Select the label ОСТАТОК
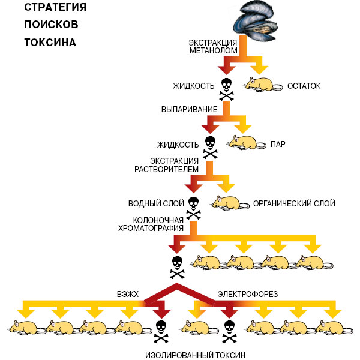(x=304, y=86)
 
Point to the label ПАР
(x=277, y=145)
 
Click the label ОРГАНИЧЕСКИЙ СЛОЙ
(x=294, y=203)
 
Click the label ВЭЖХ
(x=127, y=295)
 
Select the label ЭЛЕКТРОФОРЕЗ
(x=247, y=295)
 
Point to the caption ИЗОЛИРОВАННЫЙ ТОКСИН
(x=196, y=355)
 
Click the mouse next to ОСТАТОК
(x=262, y=85)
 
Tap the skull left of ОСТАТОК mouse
(x=226, y=89)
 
